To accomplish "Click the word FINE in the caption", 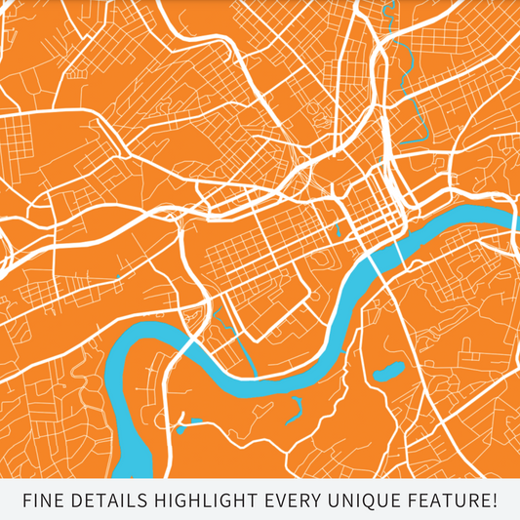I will [43, 501].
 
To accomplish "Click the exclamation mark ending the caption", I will [495, 501].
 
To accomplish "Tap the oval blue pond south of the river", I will [389, 372].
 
